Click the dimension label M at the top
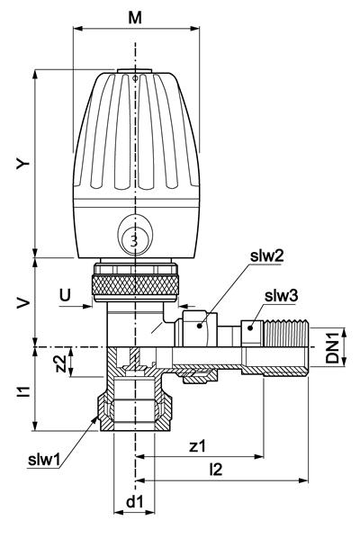[x=135, y=17]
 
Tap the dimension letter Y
[x=23, y=164]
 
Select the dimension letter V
[x=23, y=302]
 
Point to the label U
[x=65, y=295]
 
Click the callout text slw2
[x=266, y=256]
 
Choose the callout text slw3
[x=281, y=296]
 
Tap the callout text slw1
[x=44, y=460]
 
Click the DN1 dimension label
[x=332, y=346]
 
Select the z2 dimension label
[x=60, y=363]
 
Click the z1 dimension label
[x=197, y=446]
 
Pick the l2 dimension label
[x=216, y=470]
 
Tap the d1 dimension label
[x=134, y=502]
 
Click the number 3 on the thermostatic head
[x=134, y=241]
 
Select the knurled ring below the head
[x=135, y=285]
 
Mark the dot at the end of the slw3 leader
[x=250, y=327]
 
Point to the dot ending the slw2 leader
[x=199, y=326]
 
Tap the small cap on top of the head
[x=134, y=71]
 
